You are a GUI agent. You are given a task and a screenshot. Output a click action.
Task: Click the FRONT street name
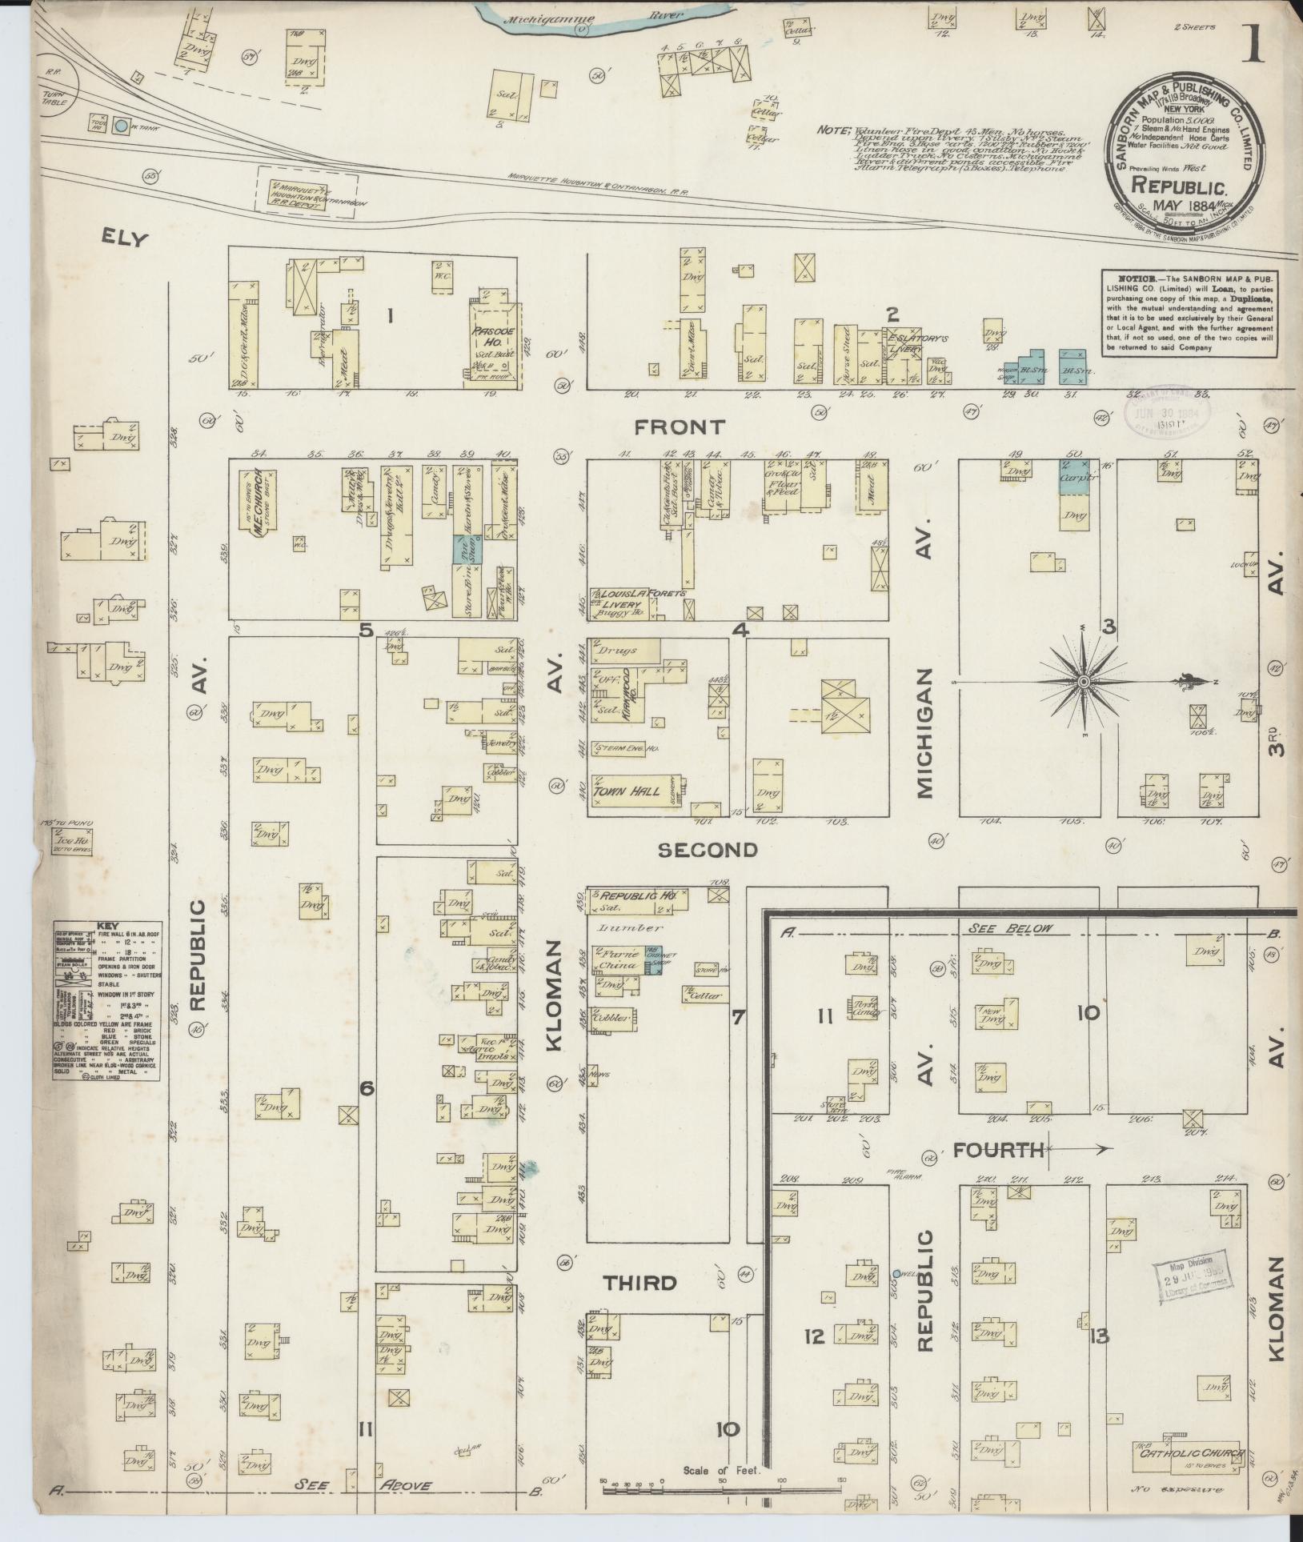680,427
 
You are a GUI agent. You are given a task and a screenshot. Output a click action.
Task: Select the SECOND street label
708,850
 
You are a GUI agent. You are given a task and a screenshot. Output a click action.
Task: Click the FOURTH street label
998,1151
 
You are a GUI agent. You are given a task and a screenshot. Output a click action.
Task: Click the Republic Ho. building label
637,896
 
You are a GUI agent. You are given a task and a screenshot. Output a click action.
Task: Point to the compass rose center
1083,681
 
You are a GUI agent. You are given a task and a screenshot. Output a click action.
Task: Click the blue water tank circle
121,125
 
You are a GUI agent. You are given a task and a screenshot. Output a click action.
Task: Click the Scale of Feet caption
721,1470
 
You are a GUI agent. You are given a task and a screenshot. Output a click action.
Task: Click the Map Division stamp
1193,1285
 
